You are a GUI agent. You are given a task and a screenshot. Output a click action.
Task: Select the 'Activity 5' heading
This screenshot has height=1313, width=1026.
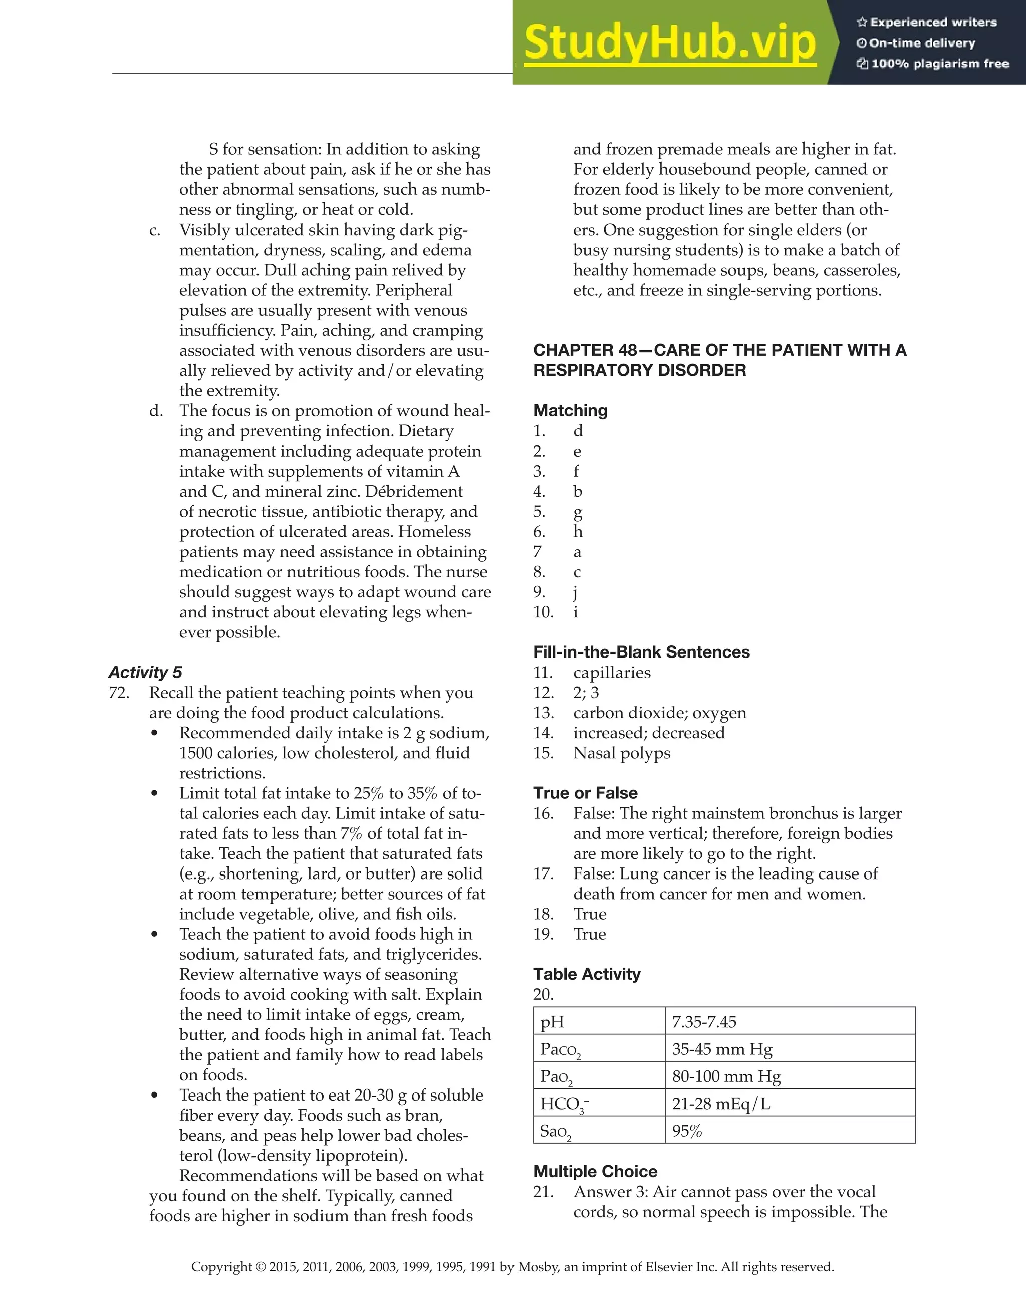[145, 672]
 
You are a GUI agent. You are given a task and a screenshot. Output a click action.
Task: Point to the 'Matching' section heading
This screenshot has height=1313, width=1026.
[570, 410]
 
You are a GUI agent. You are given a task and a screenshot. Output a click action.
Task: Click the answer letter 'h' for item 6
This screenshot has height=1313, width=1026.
[578, 531]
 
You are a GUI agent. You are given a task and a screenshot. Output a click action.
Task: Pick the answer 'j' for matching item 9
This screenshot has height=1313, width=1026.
[576, 593]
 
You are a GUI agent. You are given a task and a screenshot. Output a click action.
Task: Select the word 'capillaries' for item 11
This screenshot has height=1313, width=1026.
[611, 672]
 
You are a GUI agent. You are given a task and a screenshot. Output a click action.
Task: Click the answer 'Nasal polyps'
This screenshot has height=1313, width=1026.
[622, 753]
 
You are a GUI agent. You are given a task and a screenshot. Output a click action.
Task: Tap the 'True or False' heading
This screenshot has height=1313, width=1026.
[585, 793]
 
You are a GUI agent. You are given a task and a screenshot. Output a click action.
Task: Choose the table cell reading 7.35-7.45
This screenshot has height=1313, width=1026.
[704, 1021]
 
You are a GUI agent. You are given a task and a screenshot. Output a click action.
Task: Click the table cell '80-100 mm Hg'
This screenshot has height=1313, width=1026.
[725, 1076]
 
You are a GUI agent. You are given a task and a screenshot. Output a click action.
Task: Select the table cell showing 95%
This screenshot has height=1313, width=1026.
[687, 1131]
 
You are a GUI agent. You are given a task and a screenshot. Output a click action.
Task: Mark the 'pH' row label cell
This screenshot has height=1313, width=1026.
[552, 1022]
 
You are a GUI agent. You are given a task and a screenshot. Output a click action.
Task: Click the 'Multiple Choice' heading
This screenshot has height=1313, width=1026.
[595, 1171]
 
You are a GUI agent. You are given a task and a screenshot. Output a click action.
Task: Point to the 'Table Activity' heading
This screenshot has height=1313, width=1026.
[587, 974]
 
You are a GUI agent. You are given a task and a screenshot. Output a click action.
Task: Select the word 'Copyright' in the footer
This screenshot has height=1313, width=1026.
[222, 1267]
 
